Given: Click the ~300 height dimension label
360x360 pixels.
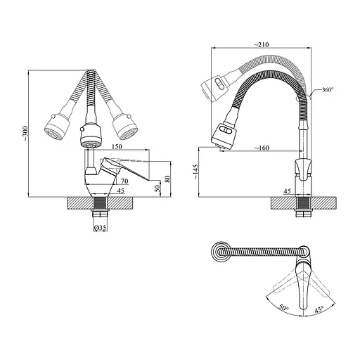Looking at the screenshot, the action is pos(25,134).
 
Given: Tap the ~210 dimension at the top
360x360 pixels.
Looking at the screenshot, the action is pos(262,44).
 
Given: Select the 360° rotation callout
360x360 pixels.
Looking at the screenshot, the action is pos(328,89).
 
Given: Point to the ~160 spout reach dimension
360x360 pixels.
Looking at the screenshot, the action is pos(262,148).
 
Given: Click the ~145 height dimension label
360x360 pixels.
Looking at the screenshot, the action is pos(195,172).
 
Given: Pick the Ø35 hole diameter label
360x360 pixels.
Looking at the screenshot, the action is pos(100,228).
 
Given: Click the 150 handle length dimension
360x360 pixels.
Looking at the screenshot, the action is pos(117,146).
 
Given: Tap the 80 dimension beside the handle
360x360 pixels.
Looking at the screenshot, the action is pos(167,179).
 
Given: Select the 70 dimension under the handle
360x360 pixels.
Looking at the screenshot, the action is pos(124,181).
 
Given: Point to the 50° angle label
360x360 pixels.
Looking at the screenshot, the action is pos(284,308).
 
